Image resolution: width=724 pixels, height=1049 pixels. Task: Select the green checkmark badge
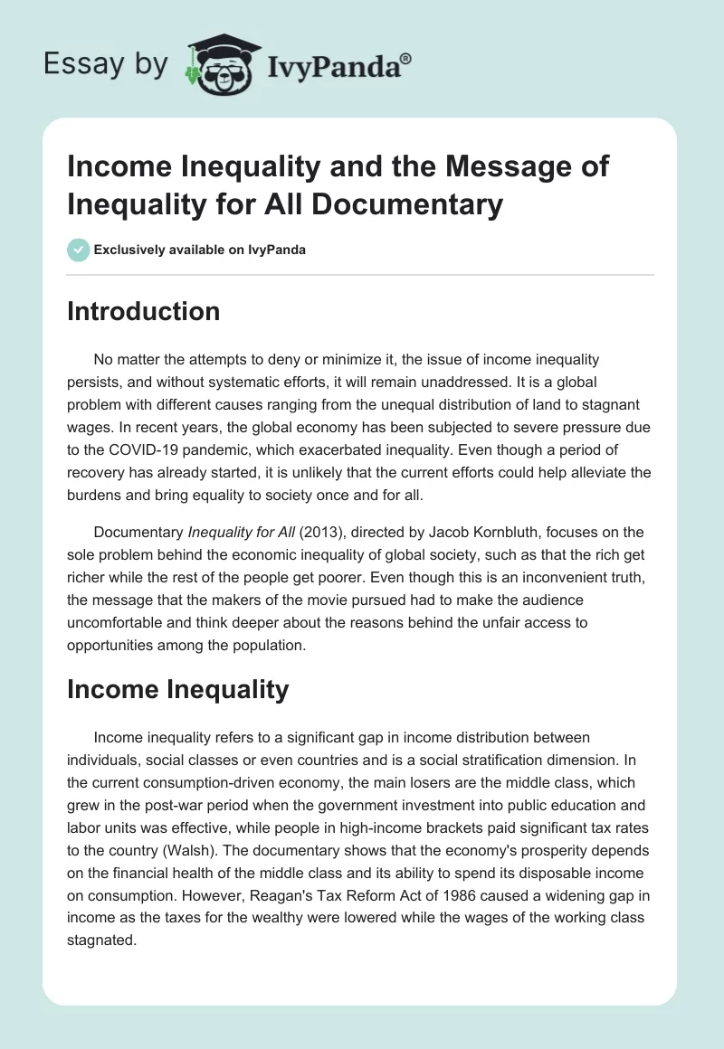(79, 250)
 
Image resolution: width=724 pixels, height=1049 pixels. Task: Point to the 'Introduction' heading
(144, 311)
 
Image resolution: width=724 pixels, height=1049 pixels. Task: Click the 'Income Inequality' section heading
(178, 689)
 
